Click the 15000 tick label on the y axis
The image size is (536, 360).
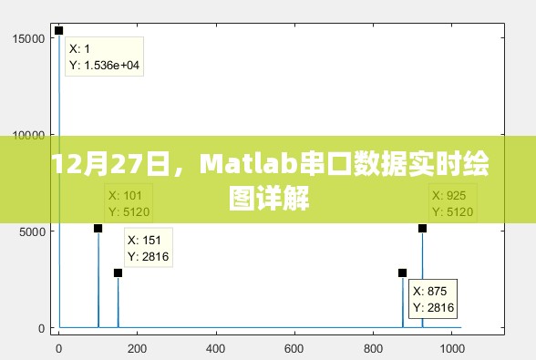point(29,38)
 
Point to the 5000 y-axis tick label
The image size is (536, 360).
point(32,231)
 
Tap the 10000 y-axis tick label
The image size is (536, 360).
point(29,135)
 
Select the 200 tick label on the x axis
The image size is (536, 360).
point(137,347)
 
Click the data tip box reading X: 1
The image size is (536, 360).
point(106,57)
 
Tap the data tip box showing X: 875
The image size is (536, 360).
point(432,299)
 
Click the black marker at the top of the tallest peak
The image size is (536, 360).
point(59,31)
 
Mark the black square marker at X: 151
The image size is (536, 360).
point(118,273)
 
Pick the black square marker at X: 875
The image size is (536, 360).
point(402,273)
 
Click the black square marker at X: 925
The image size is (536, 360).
point(422,228)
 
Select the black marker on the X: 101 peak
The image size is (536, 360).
point(98,228)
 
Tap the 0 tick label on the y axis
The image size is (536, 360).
point(41,328)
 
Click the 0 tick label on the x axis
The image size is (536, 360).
point(59,347)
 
